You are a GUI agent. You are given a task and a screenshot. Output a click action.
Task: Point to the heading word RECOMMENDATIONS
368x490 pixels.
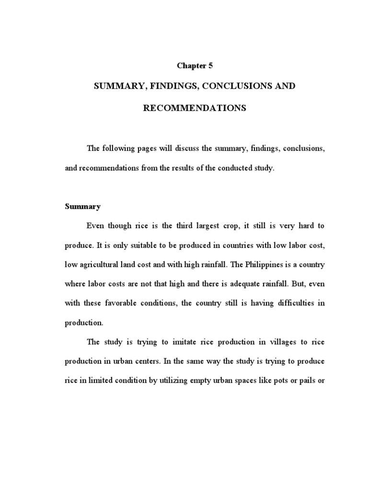click(x=195, y=108)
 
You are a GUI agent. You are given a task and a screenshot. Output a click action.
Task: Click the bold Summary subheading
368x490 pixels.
click(x=82, y=207)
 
